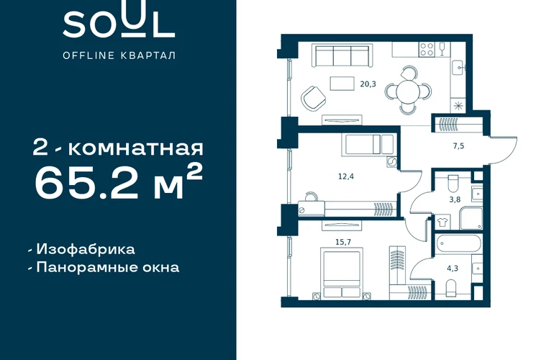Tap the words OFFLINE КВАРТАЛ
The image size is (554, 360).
pos(119,55)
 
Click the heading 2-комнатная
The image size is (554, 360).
pos(118,148)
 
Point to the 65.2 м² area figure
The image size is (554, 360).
pos(119,183)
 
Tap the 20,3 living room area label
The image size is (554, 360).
pos(368,84)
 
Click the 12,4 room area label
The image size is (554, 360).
pos(346,176)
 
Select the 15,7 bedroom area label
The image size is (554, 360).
pos(343,242)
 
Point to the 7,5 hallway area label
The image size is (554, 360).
pos(458,146)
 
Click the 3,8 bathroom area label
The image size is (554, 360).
pos(455,200)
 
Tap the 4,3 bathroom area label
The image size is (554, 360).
pos(453,269)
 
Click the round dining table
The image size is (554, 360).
pos(408,91)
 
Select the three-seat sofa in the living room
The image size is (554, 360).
pos(342,56)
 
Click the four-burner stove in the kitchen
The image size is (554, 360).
pos(427,49)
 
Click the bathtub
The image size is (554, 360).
pos(458,243)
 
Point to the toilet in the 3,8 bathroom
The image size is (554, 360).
pos(453,182)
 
